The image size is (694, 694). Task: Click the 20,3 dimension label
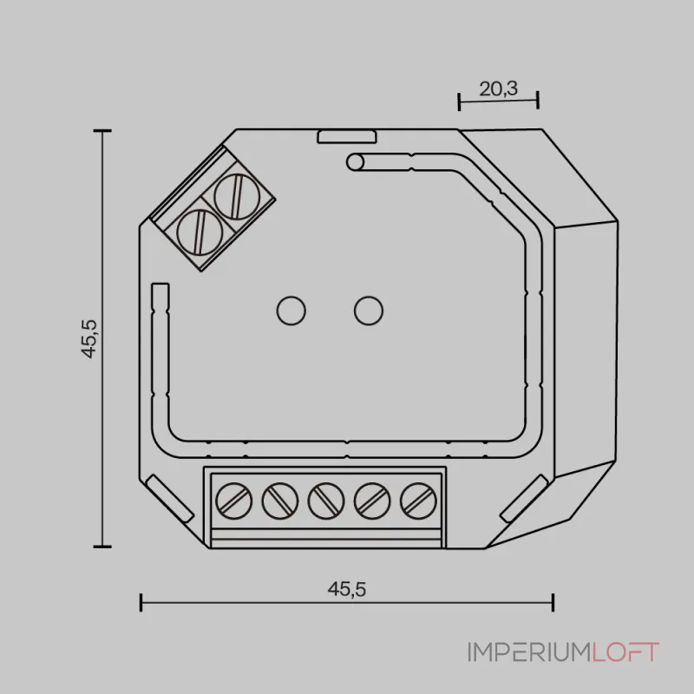[x=498, y=89]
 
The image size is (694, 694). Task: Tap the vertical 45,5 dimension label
[x=89, y=338]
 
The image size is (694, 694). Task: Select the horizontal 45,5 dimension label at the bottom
[x=347, y=589]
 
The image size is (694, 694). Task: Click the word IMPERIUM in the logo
[x=529, y=652]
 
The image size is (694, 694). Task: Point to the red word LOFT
[x=625, y=652]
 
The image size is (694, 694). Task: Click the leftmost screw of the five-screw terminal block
[x=233, y=501]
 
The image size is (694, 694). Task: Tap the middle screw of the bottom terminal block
[x=326, y=501]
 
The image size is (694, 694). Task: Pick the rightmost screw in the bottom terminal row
[x=418, y=501]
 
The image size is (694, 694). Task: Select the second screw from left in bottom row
[x=279, y=501]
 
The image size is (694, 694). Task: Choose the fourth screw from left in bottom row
[x=372, y=501]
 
